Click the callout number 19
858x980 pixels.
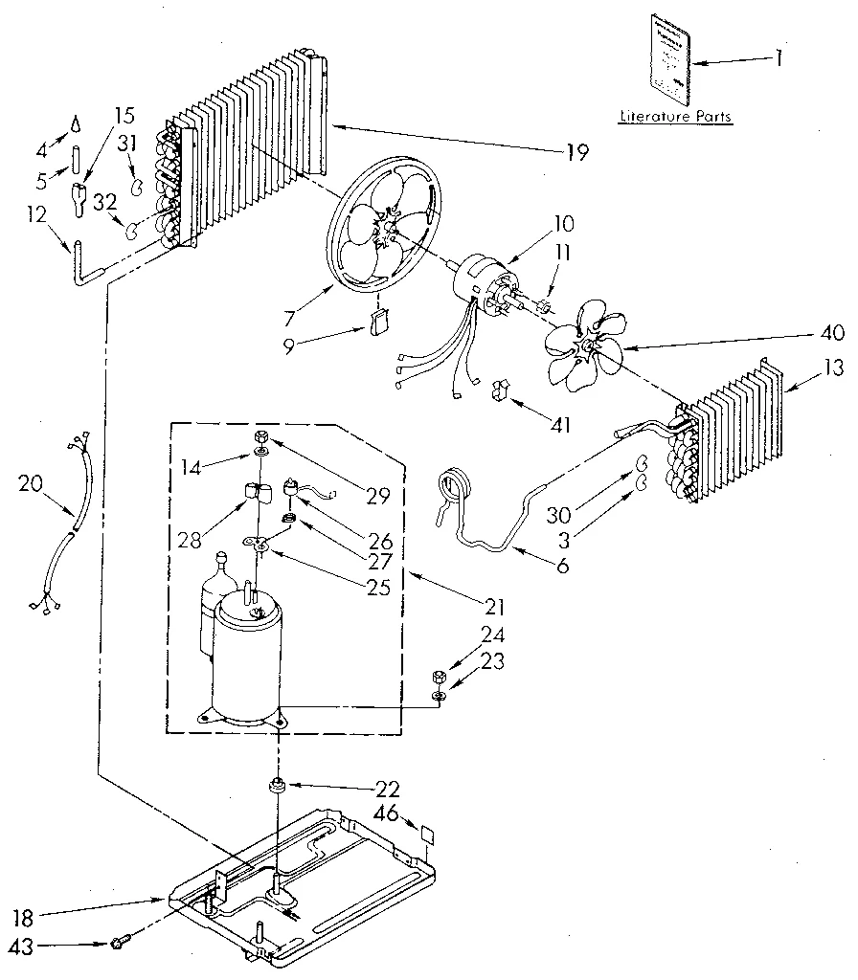click(x=577, y=151)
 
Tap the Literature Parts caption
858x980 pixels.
click(x=675, y=117)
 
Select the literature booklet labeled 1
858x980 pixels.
click(x=669, y=57)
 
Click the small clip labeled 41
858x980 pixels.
click(x=498, y=391)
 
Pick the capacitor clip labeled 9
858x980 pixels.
click(x=376, y=323)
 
